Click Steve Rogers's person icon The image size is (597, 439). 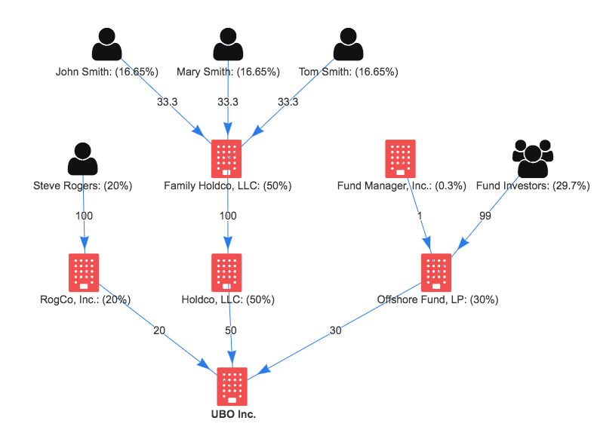coord(83,158)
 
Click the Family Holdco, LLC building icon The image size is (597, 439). coord(227,158)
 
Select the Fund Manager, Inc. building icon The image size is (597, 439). coord(400,158)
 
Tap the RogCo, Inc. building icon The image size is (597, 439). coord(84,272)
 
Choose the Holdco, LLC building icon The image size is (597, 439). coord(227,272)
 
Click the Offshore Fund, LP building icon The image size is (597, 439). coord(436,272)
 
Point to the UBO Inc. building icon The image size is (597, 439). coord(232,386)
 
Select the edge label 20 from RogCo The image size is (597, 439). coord(159,330)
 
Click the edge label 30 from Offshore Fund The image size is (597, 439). coord(334,330)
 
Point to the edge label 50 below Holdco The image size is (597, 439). coord(230,330)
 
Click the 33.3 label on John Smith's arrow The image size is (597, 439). coord(168,102)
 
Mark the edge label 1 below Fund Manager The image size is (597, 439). coord(420,216)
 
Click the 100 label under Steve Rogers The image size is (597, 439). coord(84,216)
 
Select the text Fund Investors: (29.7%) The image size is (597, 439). coord(533,186)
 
